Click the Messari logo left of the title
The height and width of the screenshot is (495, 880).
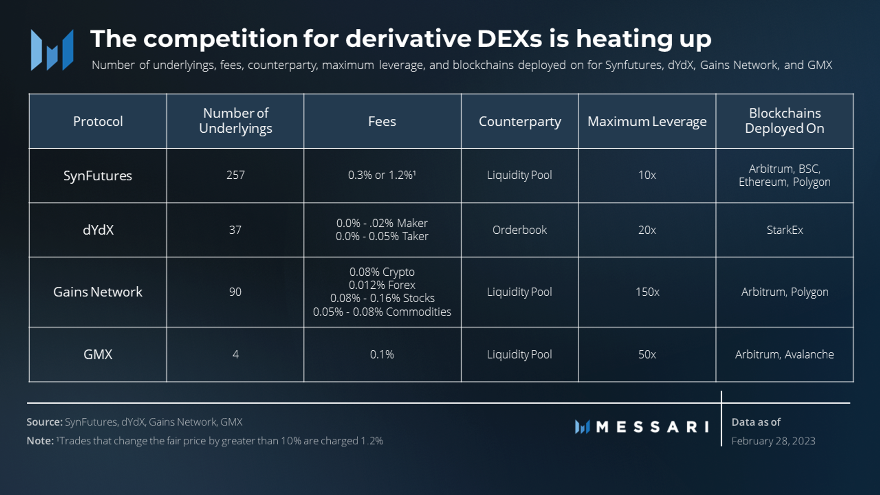52,50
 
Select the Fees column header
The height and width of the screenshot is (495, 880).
382,122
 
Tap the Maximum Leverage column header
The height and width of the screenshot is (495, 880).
647,122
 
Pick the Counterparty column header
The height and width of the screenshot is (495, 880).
519,122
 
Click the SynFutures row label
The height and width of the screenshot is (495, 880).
97,176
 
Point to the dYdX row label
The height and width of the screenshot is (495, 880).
98,230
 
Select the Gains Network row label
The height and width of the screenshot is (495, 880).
97,292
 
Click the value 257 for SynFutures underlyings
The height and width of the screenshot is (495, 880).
235,175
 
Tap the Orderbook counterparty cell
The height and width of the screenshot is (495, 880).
519,230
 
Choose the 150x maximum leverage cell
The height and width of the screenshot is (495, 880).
647,292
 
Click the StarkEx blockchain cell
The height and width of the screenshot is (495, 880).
784,230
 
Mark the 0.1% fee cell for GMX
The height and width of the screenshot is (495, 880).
382,355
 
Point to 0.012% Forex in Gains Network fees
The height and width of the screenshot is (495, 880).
382,285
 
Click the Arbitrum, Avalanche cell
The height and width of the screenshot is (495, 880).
784,355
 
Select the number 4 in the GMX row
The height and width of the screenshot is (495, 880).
235,355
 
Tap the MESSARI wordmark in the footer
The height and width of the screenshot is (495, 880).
652,427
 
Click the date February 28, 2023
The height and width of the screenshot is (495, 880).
773,441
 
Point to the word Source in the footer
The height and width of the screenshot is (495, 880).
44,422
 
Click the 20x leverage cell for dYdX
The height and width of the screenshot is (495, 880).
647,230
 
